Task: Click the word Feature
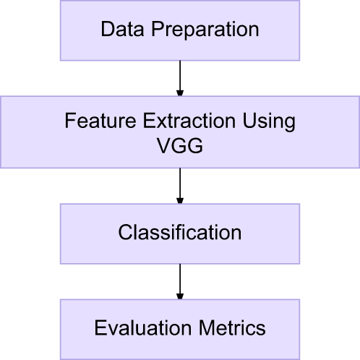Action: click(x=93, y=121)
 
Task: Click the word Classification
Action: click(x=180, y=233)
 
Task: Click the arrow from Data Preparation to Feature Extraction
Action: click(x=180, y=76)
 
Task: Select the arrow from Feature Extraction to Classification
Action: click(x=180, y=184)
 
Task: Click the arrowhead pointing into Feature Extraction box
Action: click(x=180, y=93)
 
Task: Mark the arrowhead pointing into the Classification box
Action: click(x=180, y=200)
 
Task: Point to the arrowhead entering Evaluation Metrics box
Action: click(x=180, y=295)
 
